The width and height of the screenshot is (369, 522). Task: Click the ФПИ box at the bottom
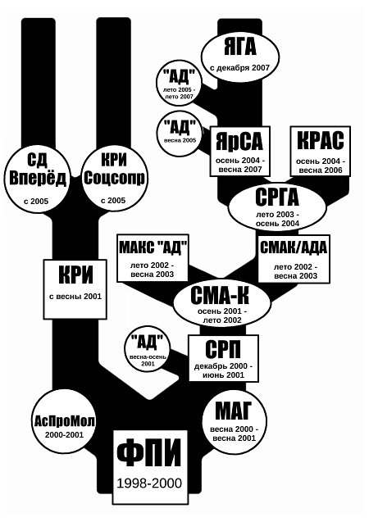click(x=150, y=467)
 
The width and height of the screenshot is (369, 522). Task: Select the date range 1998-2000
click(x=149, y=483)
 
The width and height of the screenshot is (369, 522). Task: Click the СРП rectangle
click(x=224, y=358)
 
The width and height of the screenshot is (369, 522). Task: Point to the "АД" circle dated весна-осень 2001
click(x=148, y=350)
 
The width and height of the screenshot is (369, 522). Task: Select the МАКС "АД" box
click(x=153, y=258)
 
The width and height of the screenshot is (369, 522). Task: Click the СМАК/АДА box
click(x=294, y=259)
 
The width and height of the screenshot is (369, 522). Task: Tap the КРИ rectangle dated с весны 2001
click(x=75, y=289)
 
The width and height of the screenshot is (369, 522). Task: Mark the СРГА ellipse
click(x=277, y=207)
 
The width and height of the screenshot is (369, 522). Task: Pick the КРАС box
click(x=321, y=151)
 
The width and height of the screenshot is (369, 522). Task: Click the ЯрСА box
click(x=240, y=151)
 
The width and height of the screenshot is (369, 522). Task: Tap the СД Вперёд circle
click(x=39, y=179)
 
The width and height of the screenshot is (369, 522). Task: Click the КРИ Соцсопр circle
click(x=114, y=178)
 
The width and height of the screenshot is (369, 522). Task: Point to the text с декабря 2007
click(x=239, y=68)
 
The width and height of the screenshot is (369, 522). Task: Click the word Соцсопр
click(x=114, y=179)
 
